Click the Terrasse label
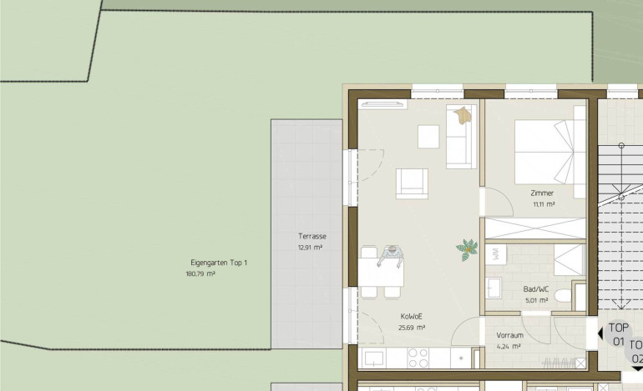(x=312, y=236)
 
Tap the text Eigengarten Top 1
(x=219, y=263)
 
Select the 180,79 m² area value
(x=200, y=274)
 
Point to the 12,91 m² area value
(x=310, y=248)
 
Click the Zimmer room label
(x=542, y=193)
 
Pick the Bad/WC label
(x=536, y=289)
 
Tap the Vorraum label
(x=509, y=335)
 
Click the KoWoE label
(x=412, y=317)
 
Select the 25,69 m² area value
(x=412, y=328)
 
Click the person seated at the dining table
(x=391, y=256)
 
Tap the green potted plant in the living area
(x=467, y=249)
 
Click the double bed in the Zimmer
(x=544, y=152)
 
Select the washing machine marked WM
(x=495, y=254)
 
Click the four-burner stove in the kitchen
(x=418, y=358)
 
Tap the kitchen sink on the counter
(x=373, y=358)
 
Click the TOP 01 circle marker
(x=618, y=334)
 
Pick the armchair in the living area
(x=412, y=184)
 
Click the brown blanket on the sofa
(x=463, y=115)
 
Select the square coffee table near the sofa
(x=428, y=137)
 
